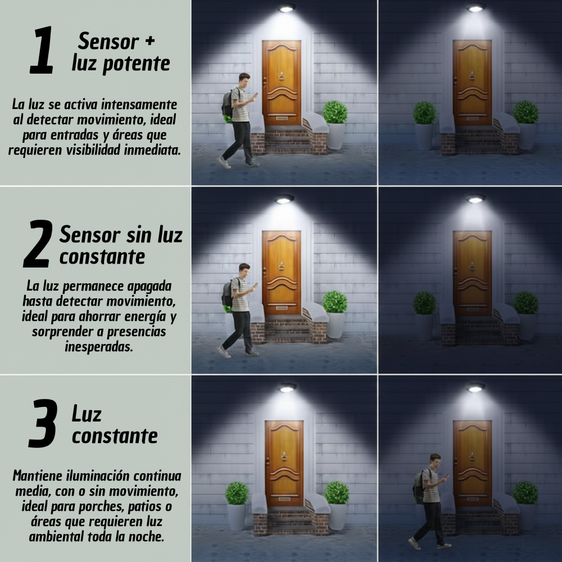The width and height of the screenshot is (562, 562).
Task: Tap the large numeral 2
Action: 38,244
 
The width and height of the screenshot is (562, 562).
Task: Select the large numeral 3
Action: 43,424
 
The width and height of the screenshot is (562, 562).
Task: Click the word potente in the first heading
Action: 137,64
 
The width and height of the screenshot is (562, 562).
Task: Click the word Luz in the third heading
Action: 87,414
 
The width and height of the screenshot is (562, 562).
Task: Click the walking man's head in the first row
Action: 244,79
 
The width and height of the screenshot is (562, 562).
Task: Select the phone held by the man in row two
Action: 255,284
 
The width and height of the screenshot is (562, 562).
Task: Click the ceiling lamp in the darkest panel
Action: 475,199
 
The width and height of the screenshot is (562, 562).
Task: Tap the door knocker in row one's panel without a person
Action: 473,75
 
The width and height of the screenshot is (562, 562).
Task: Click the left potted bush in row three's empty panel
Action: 237,493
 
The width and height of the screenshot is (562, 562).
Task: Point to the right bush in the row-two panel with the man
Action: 335,302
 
